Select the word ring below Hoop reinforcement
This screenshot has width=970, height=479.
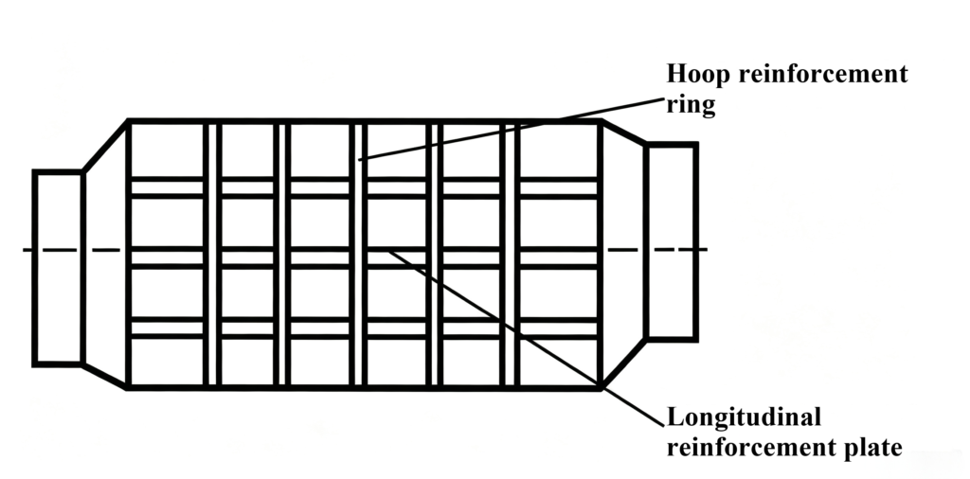pyautogui.click(x=691, y=104)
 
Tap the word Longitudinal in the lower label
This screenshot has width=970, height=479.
pyautogui.click(x=744, y=417)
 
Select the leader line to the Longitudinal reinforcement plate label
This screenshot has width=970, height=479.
pyautogui.click(x=526, y=337)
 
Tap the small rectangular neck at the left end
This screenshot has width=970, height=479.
pyautogui.click(x=58, y=268)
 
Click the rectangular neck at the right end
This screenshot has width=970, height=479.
pyautogui.click(x=672, y=241)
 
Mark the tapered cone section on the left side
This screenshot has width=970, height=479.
pyautogui.click(x=105, y=254)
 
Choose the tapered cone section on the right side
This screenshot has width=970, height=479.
pyautogui.click(x=623, y=254)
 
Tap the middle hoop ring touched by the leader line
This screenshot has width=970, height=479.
pyautogui.click(x=358, y=254)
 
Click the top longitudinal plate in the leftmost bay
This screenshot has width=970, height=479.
pyautogui.click(x=167, y=187)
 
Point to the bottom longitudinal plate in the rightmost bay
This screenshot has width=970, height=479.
pyautogui.click(x=559, y=328)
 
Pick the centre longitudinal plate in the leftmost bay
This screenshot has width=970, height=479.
pyautogui.click(x=167, y=257)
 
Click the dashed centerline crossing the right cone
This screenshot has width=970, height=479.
pyautogui.click(x=657, y=250)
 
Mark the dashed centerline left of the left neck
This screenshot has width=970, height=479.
pyautogui.click(x=27, y=250)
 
